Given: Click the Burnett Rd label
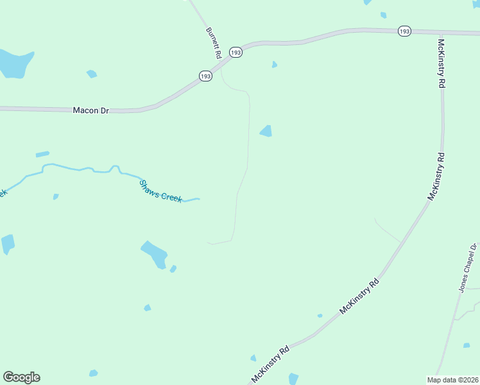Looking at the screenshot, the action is pyautogui.click(x=214, y=40).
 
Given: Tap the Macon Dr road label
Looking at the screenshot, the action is pyautogui.click(x=91, y=110).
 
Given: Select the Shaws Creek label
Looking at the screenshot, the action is pyautogui.click(x=160, y=191).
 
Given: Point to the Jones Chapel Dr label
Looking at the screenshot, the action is pyautogui.click(x=468, y=268).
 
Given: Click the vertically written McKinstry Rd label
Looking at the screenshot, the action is pyautogui.click(x=441, y=64).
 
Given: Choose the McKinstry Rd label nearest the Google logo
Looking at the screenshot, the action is pyautogui.click(x=271, y=364).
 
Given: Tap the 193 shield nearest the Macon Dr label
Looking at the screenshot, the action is pyautogui.click(x=205, y=76).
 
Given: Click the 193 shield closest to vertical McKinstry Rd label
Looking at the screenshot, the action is pyautogui.click(x=404, y=31).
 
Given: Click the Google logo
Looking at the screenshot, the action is pyautogui.click(x=21, y=377).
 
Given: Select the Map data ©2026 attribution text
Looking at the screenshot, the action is pyautogui.click(x=452, y=380).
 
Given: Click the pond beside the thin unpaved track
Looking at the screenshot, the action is pyautogui.click(x=266, y=131).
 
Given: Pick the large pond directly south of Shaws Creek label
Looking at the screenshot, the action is pyautogui.click(x=155, y=253).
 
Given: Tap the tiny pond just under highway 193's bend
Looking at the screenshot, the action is pyautogui.click(x=275, y=64).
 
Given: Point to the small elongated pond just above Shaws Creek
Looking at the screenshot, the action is pyautogui.click(x=42, y=154).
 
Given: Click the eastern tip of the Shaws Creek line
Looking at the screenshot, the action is pyautogui.click(x=199, y=199).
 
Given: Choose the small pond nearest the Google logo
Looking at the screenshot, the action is pyautogui.click(x=94, y=373).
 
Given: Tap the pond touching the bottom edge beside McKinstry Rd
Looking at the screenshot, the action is pyautogui.click(x=293, y=379).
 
